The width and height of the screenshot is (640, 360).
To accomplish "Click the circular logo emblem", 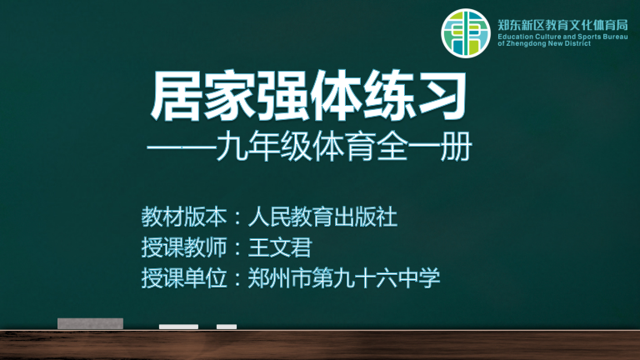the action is coord(465,33).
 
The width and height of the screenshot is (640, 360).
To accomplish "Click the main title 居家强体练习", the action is coord(309,97).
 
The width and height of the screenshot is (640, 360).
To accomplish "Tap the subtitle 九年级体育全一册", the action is coord(344,146).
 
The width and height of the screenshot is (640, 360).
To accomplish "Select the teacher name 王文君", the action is coord(280,247).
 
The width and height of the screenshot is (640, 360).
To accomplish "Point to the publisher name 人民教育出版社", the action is coord(322,217).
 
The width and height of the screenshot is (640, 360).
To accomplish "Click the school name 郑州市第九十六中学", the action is coord(343,278).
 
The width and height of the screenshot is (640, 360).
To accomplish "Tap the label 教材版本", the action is coord(183,217).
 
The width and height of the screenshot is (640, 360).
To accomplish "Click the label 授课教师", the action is coord(183,247).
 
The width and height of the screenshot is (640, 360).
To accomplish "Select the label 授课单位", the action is coord(183,278).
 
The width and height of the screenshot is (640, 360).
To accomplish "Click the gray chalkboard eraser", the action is coord(90,323).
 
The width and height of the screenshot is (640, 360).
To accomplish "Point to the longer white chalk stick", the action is coord(178,327).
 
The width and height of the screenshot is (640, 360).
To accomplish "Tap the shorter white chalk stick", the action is coord(227,327).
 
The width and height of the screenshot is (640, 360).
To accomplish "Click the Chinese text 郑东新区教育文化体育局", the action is coord(562,25).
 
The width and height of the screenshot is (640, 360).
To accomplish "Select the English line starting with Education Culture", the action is coord(562,37).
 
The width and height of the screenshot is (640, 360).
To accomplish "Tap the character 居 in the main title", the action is coord(177,97).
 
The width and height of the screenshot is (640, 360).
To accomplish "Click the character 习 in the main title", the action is coord(442,97).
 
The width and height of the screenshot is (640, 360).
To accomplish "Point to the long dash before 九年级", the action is coord(181,147).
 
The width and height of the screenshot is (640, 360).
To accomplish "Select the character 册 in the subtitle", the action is coord(457,146).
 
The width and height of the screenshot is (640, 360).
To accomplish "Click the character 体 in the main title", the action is coord(336,97).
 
